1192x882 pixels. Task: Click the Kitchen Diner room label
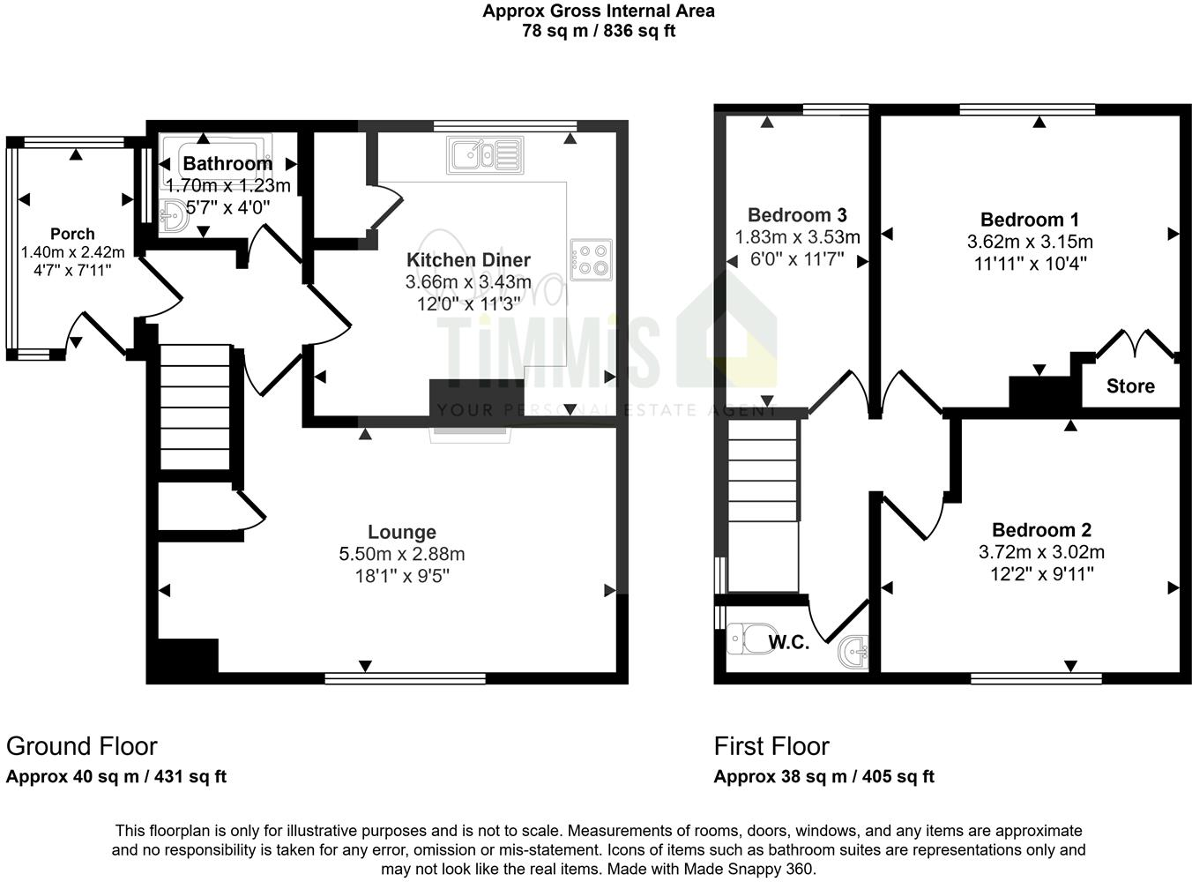(x=468, y=260)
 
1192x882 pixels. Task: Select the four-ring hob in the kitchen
(x=592, y=259)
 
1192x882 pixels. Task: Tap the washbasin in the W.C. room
(x=853, y=653)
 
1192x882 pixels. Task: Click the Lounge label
(x=402, y=533)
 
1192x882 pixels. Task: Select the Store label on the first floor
(x=1130, y=386)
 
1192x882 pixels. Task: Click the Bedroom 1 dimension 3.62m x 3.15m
(x=1030, y=242)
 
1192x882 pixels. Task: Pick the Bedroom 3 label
(x=797, y=215)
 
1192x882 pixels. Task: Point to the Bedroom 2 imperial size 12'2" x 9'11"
(x=1041, y=574)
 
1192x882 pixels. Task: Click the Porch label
(x=72, y=234)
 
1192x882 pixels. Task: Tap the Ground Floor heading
(x=82, y=746)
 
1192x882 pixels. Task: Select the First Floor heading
(x=771, y=746)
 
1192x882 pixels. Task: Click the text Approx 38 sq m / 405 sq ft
(x=823, y=777)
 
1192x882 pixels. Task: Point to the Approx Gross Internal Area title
(x=599, y=11)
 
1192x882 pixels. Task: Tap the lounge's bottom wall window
(x=405, y=678)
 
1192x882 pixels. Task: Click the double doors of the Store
(x=1136, y=344)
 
